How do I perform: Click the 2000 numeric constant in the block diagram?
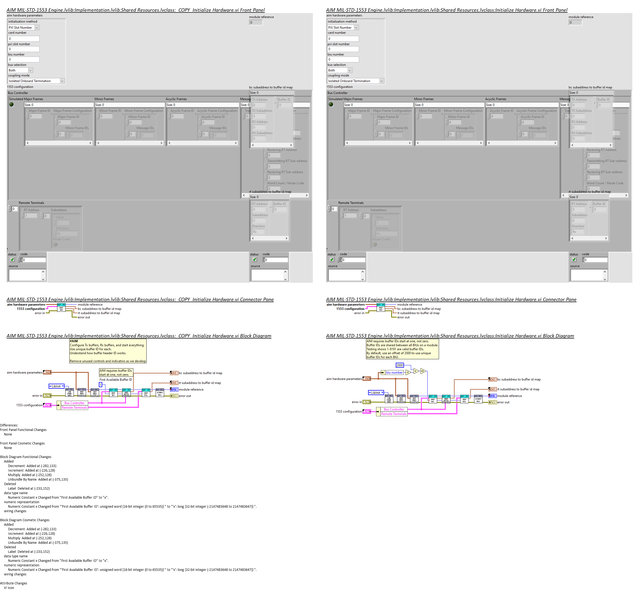(x=399, y=365)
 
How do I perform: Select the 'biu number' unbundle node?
(x=394, y=373)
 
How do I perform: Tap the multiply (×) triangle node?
(x=416, y=371)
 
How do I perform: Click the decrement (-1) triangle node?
(x=408, y=373)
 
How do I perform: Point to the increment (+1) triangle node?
(x=423, y=371)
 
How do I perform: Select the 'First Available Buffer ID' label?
(x=116, y=379)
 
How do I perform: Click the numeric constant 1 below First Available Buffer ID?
(x=100, y=385)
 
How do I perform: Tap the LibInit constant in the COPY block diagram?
(x=56, y=386)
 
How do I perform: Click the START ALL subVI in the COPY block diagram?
(x=160, y=392)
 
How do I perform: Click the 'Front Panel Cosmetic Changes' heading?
(x=23, y=443)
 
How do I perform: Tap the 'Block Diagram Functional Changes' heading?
(x=26, y=457)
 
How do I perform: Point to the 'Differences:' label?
(x=9, y=425)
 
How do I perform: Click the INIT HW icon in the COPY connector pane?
(x=61, y=307)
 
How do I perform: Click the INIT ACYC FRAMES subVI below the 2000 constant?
(x=446, y=399)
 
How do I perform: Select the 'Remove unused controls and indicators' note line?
(x=108, y=361)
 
